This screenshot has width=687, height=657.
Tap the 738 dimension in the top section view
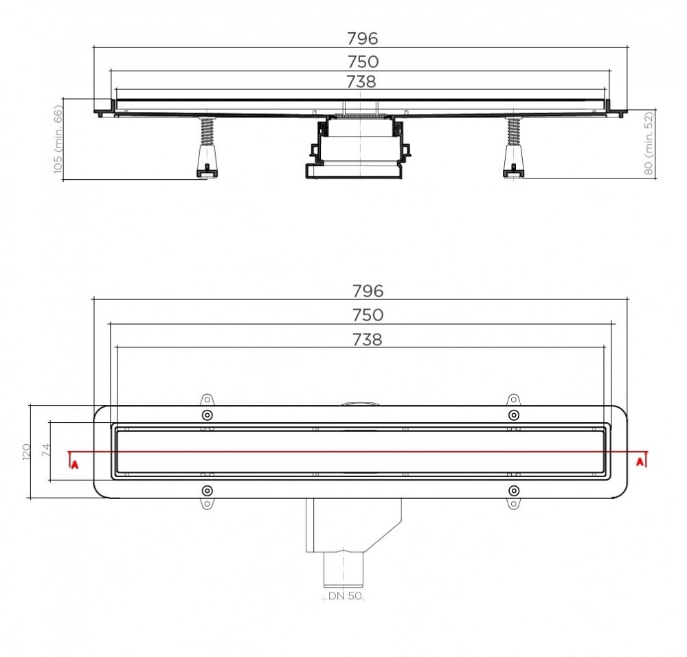361,82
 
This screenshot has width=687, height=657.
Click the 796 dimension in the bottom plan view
368,291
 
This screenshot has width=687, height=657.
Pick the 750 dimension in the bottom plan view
368,315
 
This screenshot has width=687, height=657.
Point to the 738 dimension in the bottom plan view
368,339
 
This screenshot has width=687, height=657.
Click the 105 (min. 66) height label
58,139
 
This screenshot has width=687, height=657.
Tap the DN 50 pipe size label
345,596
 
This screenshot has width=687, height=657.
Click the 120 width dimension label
25,451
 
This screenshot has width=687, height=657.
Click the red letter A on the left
74,464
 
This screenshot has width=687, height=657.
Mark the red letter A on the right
640,461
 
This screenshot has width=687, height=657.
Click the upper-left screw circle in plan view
207,415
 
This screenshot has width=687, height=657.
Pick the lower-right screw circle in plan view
513,490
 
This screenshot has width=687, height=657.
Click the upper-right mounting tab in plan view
513,400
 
